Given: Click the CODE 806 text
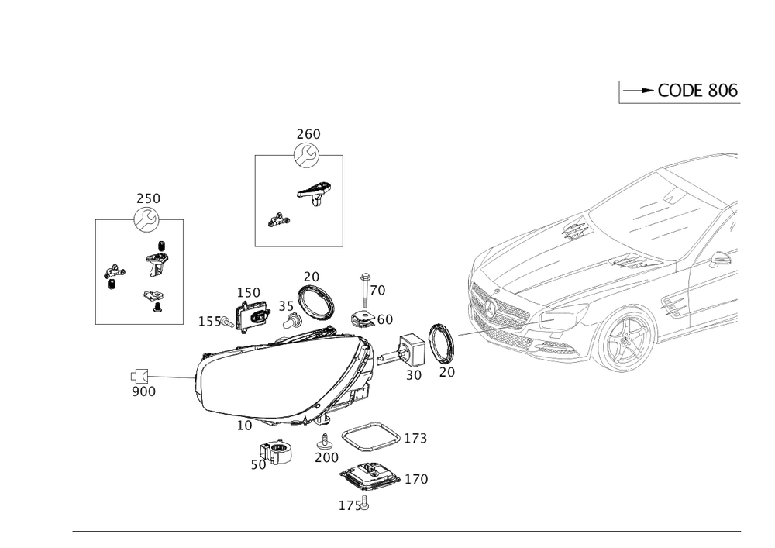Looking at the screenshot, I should pyautogui.click(x=697, y=91).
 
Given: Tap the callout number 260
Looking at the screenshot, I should pyautogui.click(x=308, y=134).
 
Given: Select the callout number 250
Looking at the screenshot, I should pyautogui.click(x=148, y=198).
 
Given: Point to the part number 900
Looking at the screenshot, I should pyautogui.click(x=144, y=392).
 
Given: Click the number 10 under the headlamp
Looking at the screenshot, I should pyautogui.click(x=244, y=426).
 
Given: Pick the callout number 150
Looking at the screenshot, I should pyautogui.click(x=250, y=291).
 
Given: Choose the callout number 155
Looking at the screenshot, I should pyautogui.click(x=211, y=320).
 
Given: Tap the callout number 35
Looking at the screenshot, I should pyautogui.click(x=286, y=305).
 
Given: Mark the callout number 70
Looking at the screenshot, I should pyautogui.click(x=377, y=290).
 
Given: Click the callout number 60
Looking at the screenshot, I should pyautogui.click(x=384, y=319).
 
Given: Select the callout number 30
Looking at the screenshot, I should pyautogui.click(x=413, y=375).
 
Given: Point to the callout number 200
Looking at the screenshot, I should pyautogui.click(x=326, y=458).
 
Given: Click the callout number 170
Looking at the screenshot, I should pyautogui.click(x=416, y=480).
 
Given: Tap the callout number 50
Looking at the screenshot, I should pyautogui.click(x=257, y=465).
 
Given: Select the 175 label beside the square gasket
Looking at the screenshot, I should pyautogui.click(x=415, y=439).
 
